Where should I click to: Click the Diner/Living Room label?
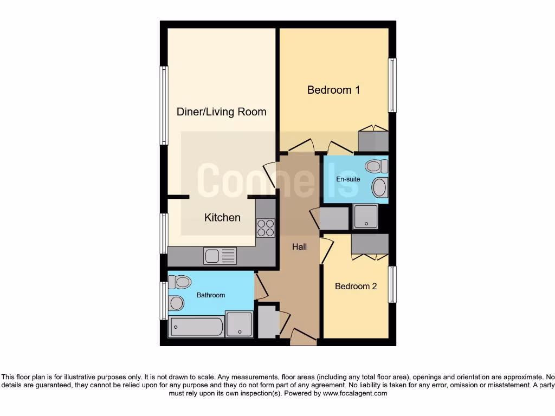(221, 112)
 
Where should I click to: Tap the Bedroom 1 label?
(333, 90)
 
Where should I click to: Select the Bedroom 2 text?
(356, 286)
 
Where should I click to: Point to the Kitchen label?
(222, 217)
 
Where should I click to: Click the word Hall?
(299, 246)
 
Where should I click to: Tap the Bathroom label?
(210, 295)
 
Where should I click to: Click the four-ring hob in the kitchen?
(266, 227)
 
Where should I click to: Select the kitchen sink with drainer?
(220, 255)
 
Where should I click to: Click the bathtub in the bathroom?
(196, 327)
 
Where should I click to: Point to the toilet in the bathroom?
(180, 282)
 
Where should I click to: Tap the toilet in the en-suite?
(375, 166)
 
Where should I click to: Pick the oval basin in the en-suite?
(379, 188)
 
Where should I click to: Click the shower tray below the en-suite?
(365, 217)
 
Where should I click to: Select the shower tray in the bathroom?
(239, 324)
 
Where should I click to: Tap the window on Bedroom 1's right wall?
(392, 85)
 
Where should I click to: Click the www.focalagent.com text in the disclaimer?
(354, 393)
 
